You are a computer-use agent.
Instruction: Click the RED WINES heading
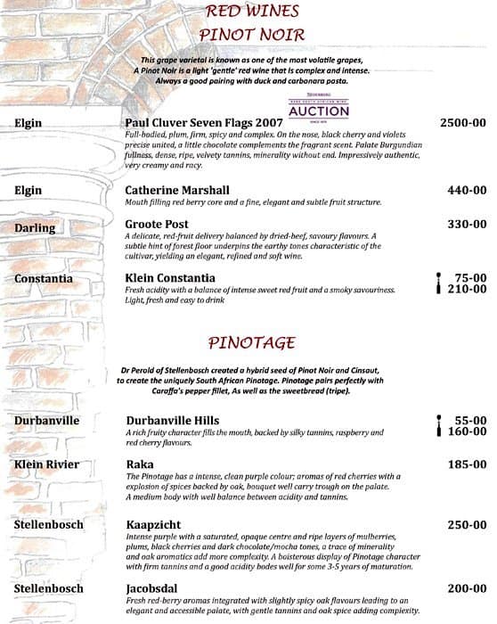(253, 12)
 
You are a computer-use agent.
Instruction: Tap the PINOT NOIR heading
(253, 34)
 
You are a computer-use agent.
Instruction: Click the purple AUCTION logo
(319, 110)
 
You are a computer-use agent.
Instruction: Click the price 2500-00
(463, 121)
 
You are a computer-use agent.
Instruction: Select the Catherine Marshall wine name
(177, 190)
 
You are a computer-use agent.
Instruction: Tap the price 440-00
(467, 190)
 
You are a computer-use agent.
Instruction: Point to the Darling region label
(36, 228)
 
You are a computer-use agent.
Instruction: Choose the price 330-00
(467, 225)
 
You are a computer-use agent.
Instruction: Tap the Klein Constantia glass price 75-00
(470, 277)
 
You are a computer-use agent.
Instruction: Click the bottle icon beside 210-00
(438, 289)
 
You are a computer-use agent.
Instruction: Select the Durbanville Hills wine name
(175, 419)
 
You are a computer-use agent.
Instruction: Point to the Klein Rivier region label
(46, 464)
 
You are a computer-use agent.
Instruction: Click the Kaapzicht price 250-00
(467, 526)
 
